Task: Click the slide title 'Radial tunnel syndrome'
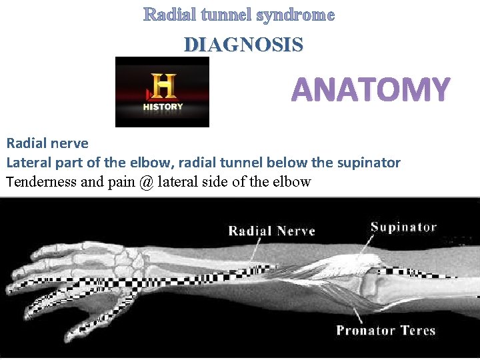pos(239,15)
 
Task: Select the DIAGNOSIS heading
pos(243,45)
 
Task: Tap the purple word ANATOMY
pos(371,90)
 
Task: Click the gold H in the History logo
pos(162,87)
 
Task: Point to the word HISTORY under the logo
pos(162,107)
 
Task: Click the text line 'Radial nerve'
pos(47,143)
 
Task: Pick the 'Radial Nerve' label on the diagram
pos(271,231)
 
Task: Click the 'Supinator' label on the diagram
pos(404,227)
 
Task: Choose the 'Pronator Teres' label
pos(385,330)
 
